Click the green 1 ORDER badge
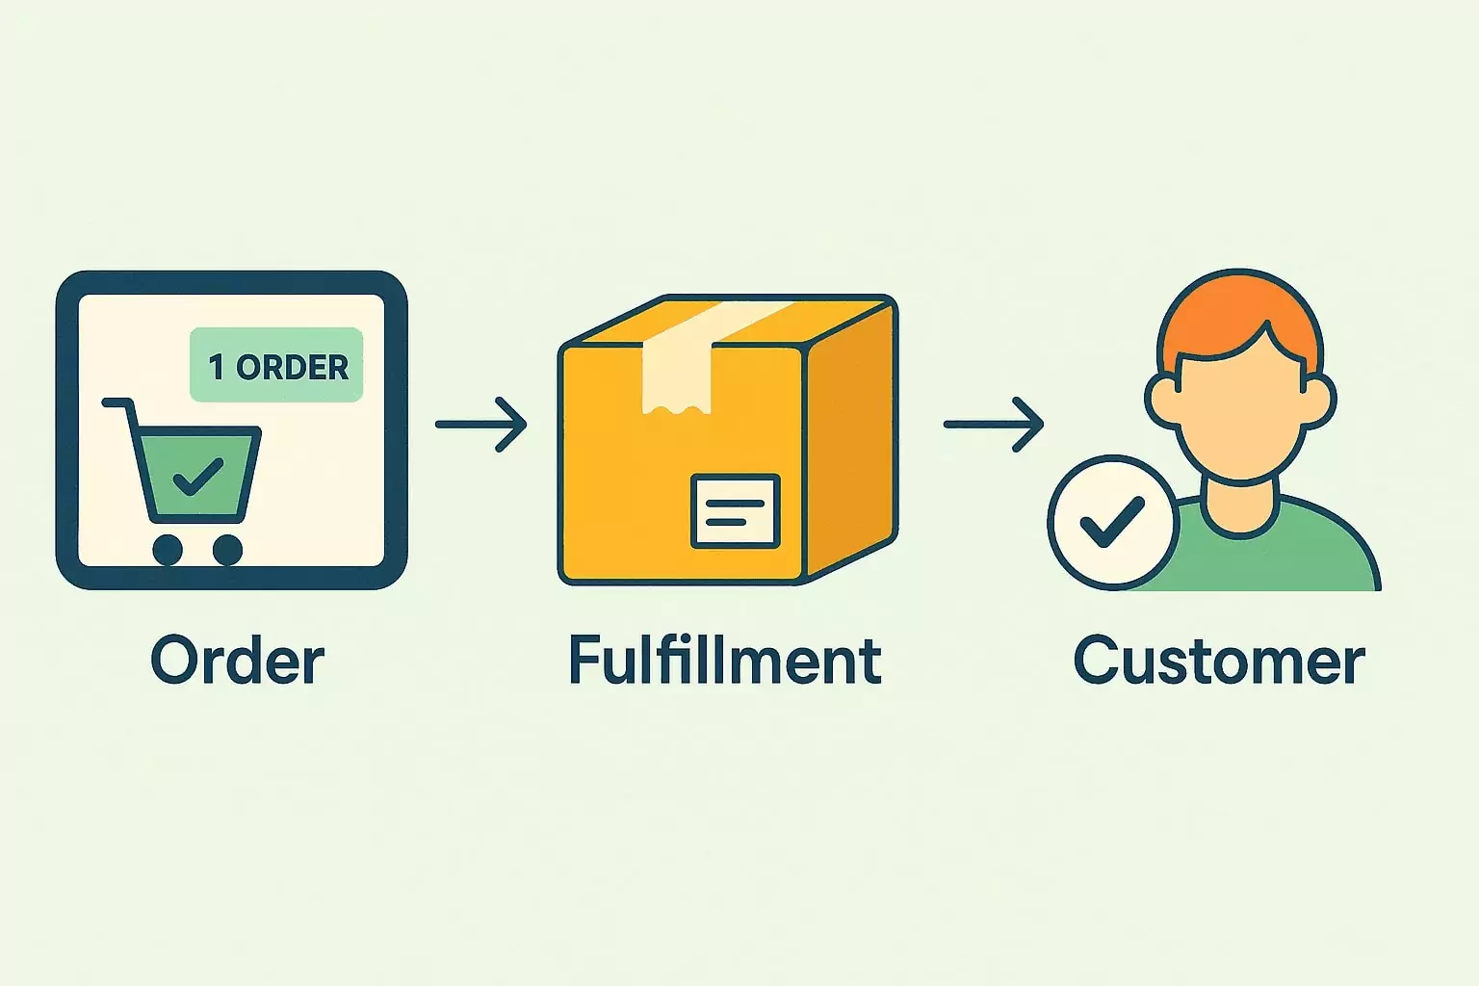pos(276,365)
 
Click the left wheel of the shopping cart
pos(168,550)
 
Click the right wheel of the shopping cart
pos(227,550)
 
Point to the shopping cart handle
pos(117,402)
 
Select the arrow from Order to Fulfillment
pos(481,424)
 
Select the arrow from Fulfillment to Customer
pos(994,424)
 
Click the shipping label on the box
pos(736,510)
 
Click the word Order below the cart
pos(238,662)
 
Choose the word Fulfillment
pos(725,662)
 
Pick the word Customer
pos(1219,662)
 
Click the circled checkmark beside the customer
pos(1112,521)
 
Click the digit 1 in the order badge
pos(217,366)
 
